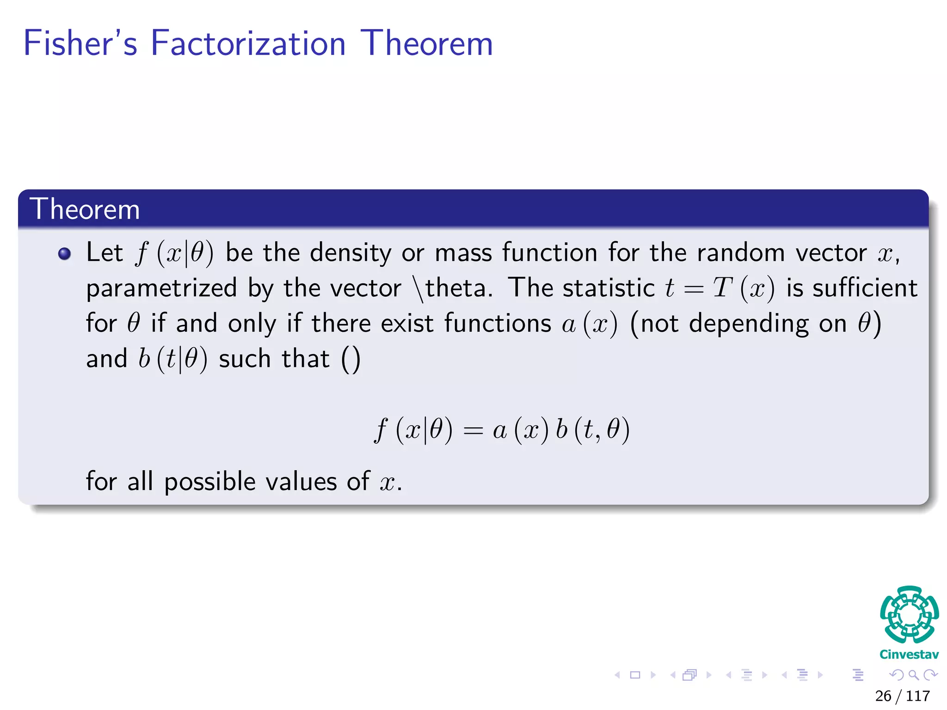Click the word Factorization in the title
point(248,43)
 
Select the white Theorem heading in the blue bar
point(85,209)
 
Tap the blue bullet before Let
point(65,253)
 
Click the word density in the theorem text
point(351,253)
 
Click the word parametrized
point(161,288)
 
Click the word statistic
point(609,288)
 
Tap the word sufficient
point(865,288)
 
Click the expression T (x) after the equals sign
point(744,288)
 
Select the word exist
point(407,323)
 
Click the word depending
point(749,323)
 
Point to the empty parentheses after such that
point(351,359)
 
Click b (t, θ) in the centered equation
point(593,430)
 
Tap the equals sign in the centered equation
point(473,431)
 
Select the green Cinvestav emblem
point(909,615)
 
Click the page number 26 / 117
point(902,696)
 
